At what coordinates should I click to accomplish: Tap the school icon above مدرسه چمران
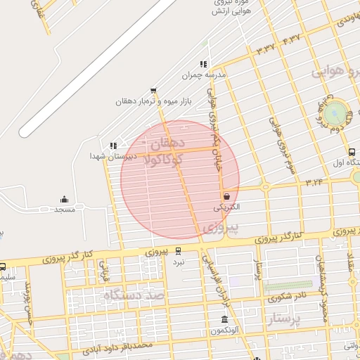pyautogui.click(x=203, y=64)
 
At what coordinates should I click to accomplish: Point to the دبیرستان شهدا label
pyautogui.click(x=108, y=156)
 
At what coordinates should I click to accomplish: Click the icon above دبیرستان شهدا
pyautogui.click(x=112, y=146)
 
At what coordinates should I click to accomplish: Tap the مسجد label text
pyautogui.click(x=65, y=210)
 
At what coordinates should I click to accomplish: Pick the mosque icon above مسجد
pyautogui.click(x=65, y=200)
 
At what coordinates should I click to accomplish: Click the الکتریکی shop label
pyautogui.click(x=226, y=207)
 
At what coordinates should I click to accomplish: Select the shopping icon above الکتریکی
pyautogui.click(x=226, y=197)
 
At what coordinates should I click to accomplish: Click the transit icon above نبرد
pyautogui.click(x=179, y=250)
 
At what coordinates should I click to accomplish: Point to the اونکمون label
pyautogui.click(x=224, y=330)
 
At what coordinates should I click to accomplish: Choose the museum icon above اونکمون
pyautogui.click(x=224, y=320)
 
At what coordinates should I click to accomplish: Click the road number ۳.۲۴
pyautogui.click(x=314, y=181)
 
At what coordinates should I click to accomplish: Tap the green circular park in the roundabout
pyautogui.click(x=337, y=111)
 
